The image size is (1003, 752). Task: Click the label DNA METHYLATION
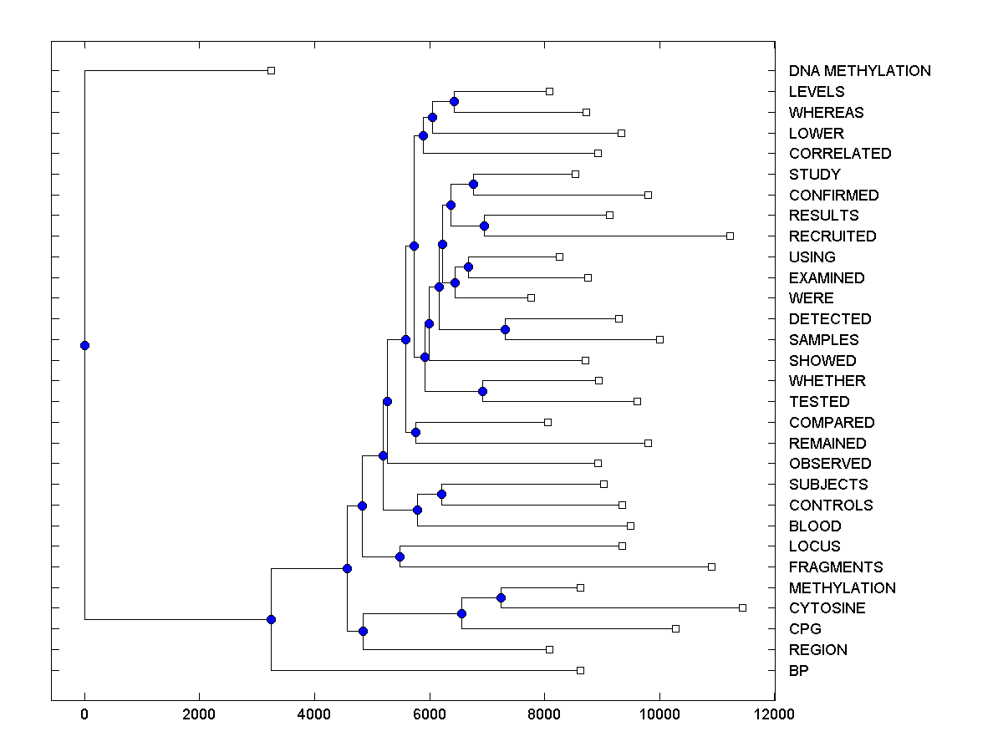859,71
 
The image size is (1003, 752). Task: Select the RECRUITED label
832,236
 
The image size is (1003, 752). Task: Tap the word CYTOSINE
827,608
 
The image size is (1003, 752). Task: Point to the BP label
798,671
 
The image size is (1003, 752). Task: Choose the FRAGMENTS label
836,567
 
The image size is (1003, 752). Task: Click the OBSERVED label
829,464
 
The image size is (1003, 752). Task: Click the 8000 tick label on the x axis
544,714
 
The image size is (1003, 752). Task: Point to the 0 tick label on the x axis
84,714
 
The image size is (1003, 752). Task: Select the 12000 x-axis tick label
774,714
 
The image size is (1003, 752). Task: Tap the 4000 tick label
314,714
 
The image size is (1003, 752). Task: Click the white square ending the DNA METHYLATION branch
271,71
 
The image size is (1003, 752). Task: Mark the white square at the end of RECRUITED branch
730,236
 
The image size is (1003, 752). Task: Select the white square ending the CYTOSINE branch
742,607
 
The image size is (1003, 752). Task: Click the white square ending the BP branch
580,670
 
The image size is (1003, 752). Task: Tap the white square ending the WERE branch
531,297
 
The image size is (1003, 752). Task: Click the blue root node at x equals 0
84,345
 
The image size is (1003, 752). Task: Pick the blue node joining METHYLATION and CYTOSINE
501,597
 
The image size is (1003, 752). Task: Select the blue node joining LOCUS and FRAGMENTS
400,556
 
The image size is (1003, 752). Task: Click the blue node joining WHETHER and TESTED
482,391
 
